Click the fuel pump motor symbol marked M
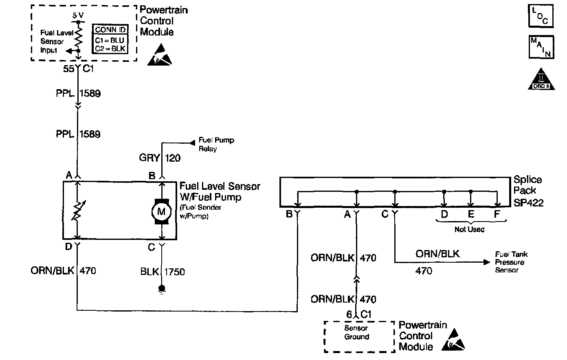coord(162,211)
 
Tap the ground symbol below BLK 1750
coord(162,289)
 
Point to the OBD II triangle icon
coord(541,80)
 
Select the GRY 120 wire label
coord(160,157)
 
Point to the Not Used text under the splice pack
coord(470,229)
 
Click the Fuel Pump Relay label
coord(216,144)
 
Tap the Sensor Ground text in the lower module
coord(357,332)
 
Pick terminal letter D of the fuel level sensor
coord(68,247)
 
